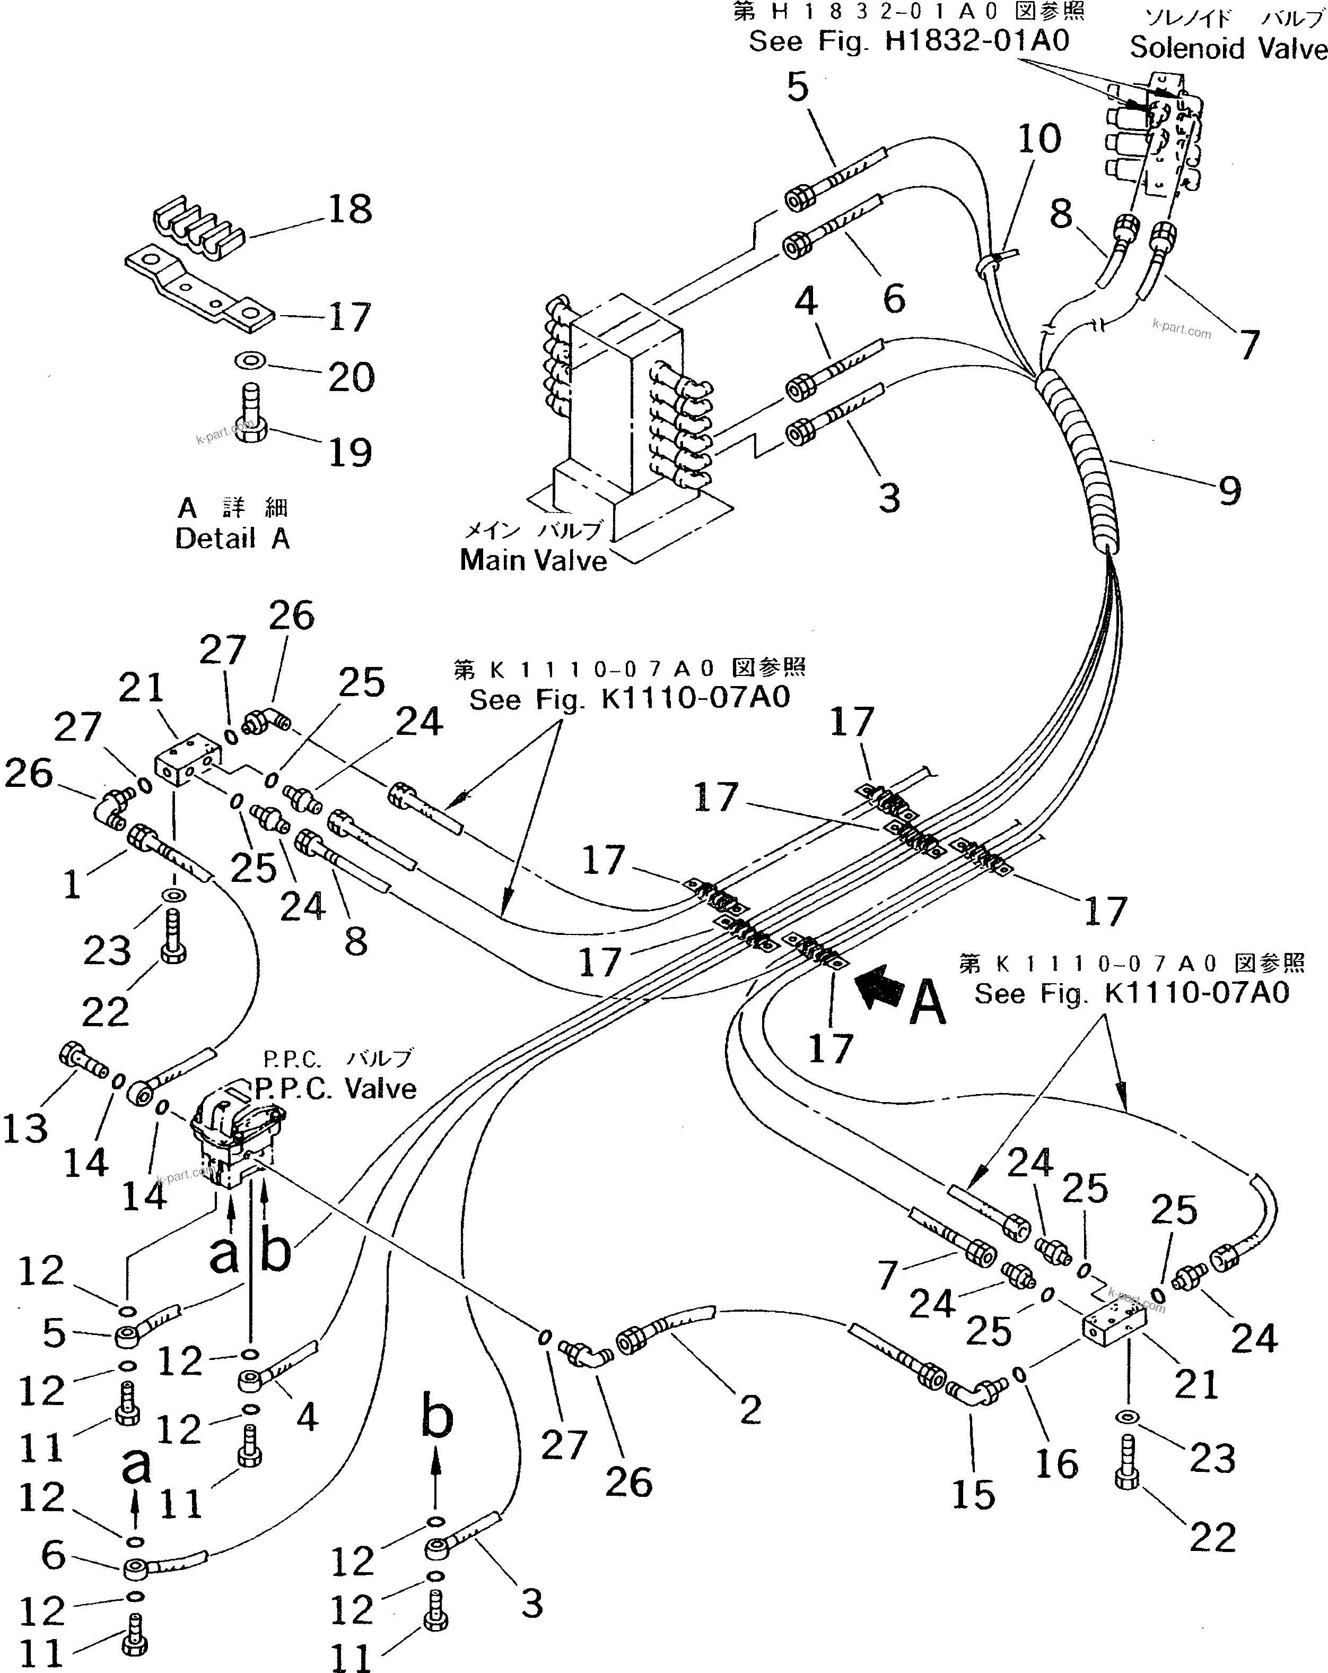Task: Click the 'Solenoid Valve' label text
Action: coord(1227,48)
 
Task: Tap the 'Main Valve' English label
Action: coord(533,560)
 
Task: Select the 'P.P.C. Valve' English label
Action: coord(336,1089)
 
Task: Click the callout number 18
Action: coord(350,210)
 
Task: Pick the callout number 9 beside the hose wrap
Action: coord(1229,490)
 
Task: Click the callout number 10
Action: coord(1038,139)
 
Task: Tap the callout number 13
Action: coord(25,1128)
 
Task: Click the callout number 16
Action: coord(1056,1464)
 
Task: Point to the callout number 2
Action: coord(750,1409)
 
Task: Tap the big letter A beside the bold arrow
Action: coord(927,1002)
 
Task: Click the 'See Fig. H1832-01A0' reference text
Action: coord(908,40)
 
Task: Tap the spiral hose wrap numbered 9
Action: coord(1078,458)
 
